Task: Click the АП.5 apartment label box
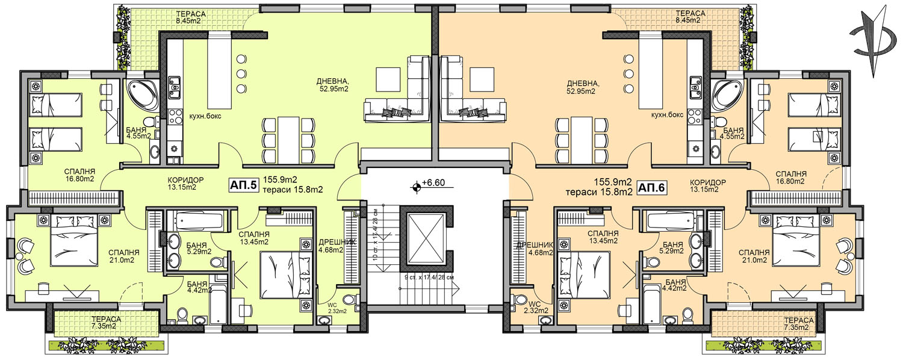(243, 185)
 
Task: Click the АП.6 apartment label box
(651, 187)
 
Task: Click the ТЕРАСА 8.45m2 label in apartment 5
(191, 17)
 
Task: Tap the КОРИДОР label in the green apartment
(186, 180)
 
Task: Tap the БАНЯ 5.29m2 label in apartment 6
(673, 247)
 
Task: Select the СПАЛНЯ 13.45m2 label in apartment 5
(254, 238)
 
